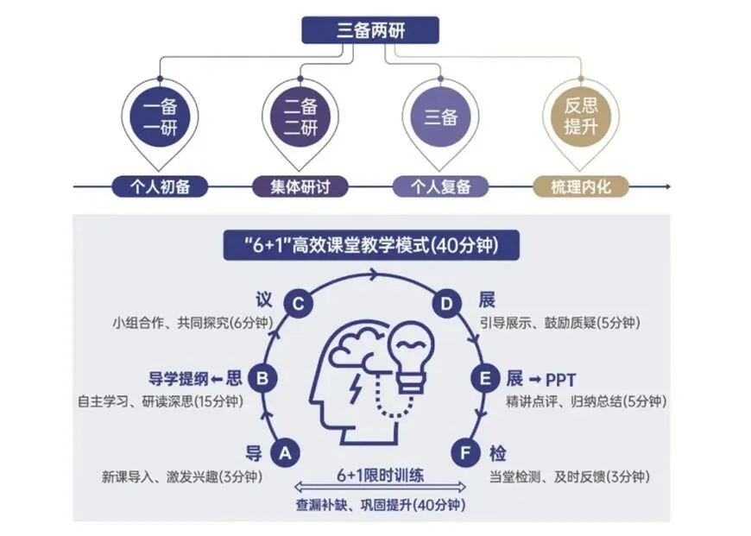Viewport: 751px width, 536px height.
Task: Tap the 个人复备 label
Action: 440,186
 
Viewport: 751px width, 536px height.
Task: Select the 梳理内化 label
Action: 580,186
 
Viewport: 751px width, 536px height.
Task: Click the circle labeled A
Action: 286,451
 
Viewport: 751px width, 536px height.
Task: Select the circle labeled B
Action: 262,378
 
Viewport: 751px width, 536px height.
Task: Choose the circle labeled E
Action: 483,378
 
